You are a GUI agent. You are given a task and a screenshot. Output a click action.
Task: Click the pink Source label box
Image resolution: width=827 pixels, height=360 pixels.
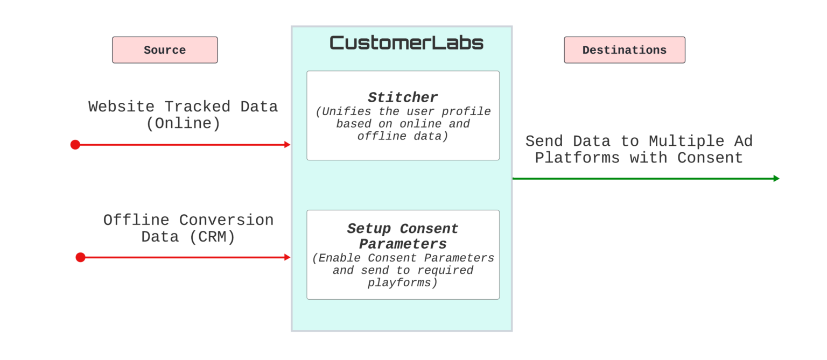pyautogui.click(x=165, y=50)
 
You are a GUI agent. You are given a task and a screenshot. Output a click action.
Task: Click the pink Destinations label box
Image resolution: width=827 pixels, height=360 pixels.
pyautogui.click(x=624, y=50)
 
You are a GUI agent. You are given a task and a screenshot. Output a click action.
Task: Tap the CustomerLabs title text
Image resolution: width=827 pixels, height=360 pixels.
pyautogui.click(x=407, y=43)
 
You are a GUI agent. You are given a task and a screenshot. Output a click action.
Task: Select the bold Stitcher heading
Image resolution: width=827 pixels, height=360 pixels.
pyautogui.click(x=403, y=97)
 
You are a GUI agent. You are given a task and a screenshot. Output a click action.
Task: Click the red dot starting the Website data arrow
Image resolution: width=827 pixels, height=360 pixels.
pyautogui.click(x=75, y=145)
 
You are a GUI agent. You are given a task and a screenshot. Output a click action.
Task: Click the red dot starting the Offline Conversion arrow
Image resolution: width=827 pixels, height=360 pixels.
pyautogui.click(x=80, y=257)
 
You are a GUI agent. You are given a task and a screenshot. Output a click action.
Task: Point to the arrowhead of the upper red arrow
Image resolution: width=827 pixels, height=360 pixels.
pyautogui.click(x=288, y=145)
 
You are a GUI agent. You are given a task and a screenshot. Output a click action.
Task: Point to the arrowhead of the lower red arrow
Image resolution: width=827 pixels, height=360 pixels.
pyautogui.click(x=288, y=257)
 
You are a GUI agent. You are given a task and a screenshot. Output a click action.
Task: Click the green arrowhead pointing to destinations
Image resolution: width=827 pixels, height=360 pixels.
pyautogui.click(x=776, y=179)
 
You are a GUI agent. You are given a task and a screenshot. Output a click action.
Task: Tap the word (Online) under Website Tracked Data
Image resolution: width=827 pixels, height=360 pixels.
pyautogui.click(x=183, y=124)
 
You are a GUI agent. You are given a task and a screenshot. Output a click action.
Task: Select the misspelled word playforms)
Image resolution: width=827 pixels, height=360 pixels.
pyautogui.click(x=403, y=283)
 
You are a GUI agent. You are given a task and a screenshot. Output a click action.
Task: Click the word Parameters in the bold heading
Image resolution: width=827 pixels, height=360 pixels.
pyautogui.click(x=403, y=244)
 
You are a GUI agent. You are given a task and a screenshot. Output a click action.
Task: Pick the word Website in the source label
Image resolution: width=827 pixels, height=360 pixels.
pyautogui.click(x=122, y=107)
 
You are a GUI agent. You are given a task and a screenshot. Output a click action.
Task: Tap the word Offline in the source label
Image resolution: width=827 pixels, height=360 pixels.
pyautogui.click(x=136, y=220)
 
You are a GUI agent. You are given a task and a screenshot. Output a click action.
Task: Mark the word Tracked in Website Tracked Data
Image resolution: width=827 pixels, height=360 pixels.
pyautogui.click(x=198, y=107)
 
